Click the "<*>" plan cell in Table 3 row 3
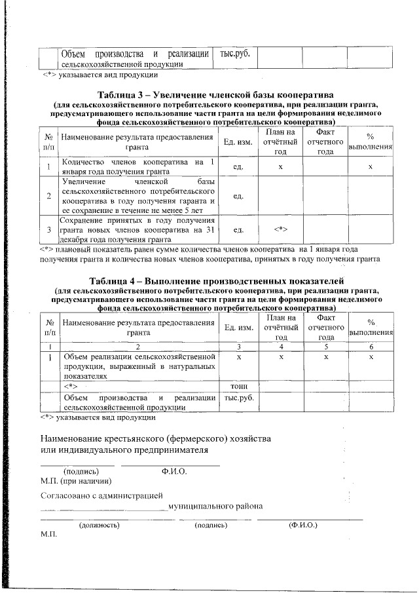(x=280, y=229)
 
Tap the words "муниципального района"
(x=215, y=507)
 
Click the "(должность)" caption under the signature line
(x=98, y=526)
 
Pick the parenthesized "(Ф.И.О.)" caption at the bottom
(x=302, y=526)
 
